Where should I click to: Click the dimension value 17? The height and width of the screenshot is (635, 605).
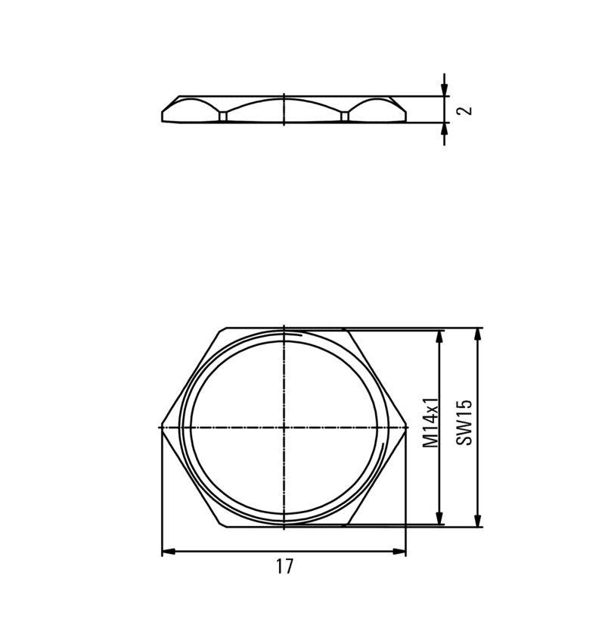[284, 567]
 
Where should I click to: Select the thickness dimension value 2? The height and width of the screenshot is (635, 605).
[467, 110]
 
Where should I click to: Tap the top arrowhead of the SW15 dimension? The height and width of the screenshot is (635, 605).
[477, 335]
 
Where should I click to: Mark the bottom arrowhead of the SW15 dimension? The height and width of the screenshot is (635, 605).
[477, 520]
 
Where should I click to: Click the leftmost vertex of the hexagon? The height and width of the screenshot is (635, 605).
[162, 428]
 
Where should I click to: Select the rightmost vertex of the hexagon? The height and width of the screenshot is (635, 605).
[406, 428]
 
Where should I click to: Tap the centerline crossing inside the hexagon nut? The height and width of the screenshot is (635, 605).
[284, 428]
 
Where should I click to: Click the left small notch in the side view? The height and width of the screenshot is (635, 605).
[223, 117]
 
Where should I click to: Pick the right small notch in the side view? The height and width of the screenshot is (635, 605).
[345, 117]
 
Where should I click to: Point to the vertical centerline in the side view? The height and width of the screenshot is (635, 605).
[284, 109]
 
